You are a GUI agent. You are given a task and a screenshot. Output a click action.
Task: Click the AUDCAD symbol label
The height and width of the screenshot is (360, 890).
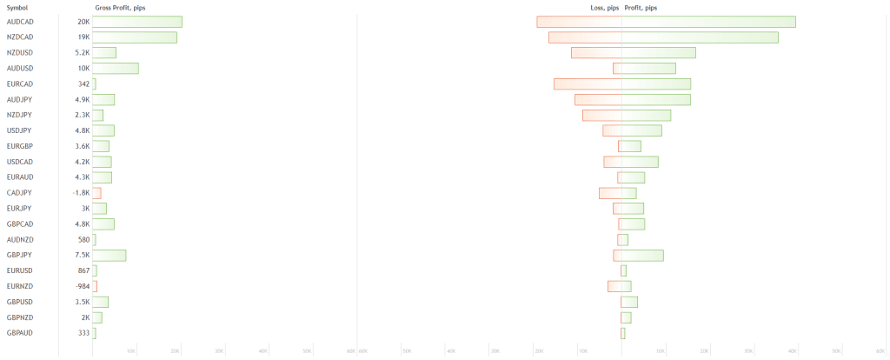coord(20,22)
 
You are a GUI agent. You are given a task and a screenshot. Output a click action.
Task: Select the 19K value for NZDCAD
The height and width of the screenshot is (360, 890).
coord(83,37)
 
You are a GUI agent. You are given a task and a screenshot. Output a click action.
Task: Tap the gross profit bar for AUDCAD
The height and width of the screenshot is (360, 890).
coord(137,22)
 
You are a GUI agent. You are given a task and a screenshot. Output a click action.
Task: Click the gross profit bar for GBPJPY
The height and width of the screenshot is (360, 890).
coord(110,255)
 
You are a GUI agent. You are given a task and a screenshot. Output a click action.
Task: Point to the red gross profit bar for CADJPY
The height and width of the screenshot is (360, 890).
coord(96,193)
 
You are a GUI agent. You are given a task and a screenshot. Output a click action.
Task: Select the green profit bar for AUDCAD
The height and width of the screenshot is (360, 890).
coord(708,22)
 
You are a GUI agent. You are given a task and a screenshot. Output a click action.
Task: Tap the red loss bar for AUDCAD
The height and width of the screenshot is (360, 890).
coord(579,22)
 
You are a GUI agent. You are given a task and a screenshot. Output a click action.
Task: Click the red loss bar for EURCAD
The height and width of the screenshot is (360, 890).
coord(588,84)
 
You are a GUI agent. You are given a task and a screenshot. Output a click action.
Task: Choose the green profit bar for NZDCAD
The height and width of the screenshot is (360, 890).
coord(700,37)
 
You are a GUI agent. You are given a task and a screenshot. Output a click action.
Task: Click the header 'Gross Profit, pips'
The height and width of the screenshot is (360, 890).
coord(120,8)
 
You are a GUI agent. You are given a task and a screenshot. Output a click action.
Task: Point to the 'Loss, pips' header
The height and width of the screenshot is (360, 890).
coord(604,8)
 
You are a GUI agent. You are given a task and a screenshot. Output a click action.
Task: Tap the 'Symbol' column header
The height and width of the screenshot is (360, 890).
coord(17,8)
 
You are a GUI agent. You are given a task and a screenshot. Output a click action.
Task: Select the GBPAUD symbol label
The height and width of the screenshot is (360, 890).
coord(20,333)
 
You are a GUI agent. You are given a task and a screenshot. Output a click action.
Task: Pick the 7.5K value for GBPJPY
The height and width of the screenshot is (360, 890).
coord(83,255)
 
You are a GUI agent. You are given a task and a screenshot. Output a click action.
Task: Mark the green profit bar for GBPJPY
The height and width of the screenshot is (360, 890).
coord(642,255)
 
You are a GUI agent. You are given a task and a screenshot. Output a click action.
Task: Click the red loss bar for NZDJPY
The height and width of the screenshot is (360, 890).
coord(601,115)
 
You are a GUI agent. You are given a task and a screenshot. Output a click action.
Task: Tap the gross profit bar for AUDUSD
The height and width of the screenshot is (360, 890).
coord(116,69)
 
